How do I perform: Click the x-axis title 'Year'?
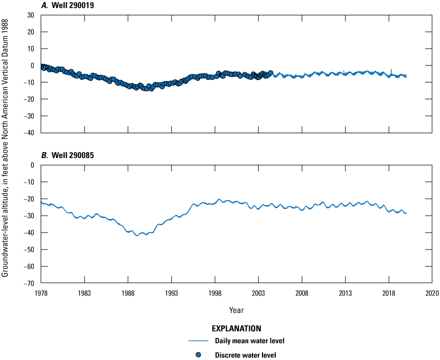[x=237, y=309]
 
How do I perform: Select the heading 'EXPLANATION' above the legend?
[x=237, y=328]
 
